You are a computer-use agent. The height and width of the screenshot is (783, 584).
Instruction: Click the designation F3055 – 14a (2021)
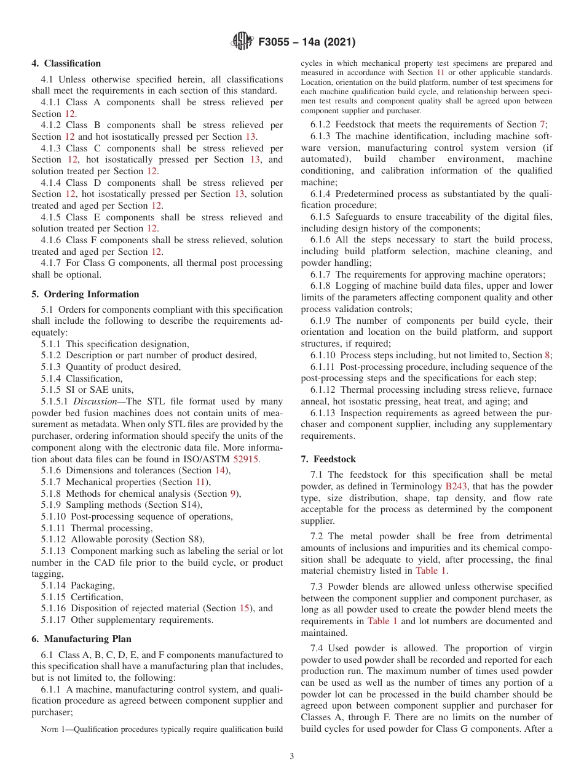pyautogui.click(x=307, y=42)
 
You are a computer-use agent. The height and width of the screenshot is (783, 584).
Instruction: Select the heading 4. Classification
pyautogui.click(x=66, y=63)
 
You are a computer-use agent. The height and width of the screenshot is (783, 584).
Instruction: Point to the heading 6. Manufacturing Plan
pyautogui.click(x=82, y=639)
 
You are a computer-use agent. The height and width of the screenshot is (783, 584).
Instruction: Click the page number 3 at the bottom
pyautogui.click(x=291, y=756)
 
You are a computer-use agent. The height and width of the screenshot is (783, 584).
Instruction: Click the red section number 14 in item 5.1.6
pyautogui.click(x=219, y=470)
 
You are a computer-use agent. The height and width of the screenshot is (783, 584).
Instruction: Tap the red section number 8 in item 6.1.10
pyautogui.click(x=547, y=355)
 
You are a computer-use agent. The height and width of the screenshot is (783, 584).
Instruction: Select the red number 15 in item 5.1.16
pyautogui.click(x=245, y=608)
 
